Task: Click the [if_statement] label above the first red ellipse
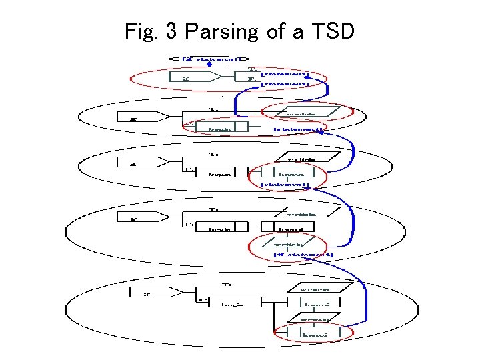click(x=211, y=59)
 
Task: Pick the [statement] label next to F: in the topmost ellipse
click(x=285, y=85)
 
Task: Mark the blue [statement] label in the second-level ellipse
click(x=298, y=129)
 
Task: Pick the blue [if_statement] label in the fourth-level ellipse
click(x=303, y=255)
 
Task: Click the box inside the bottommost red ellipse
click(x=313, y=331)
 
